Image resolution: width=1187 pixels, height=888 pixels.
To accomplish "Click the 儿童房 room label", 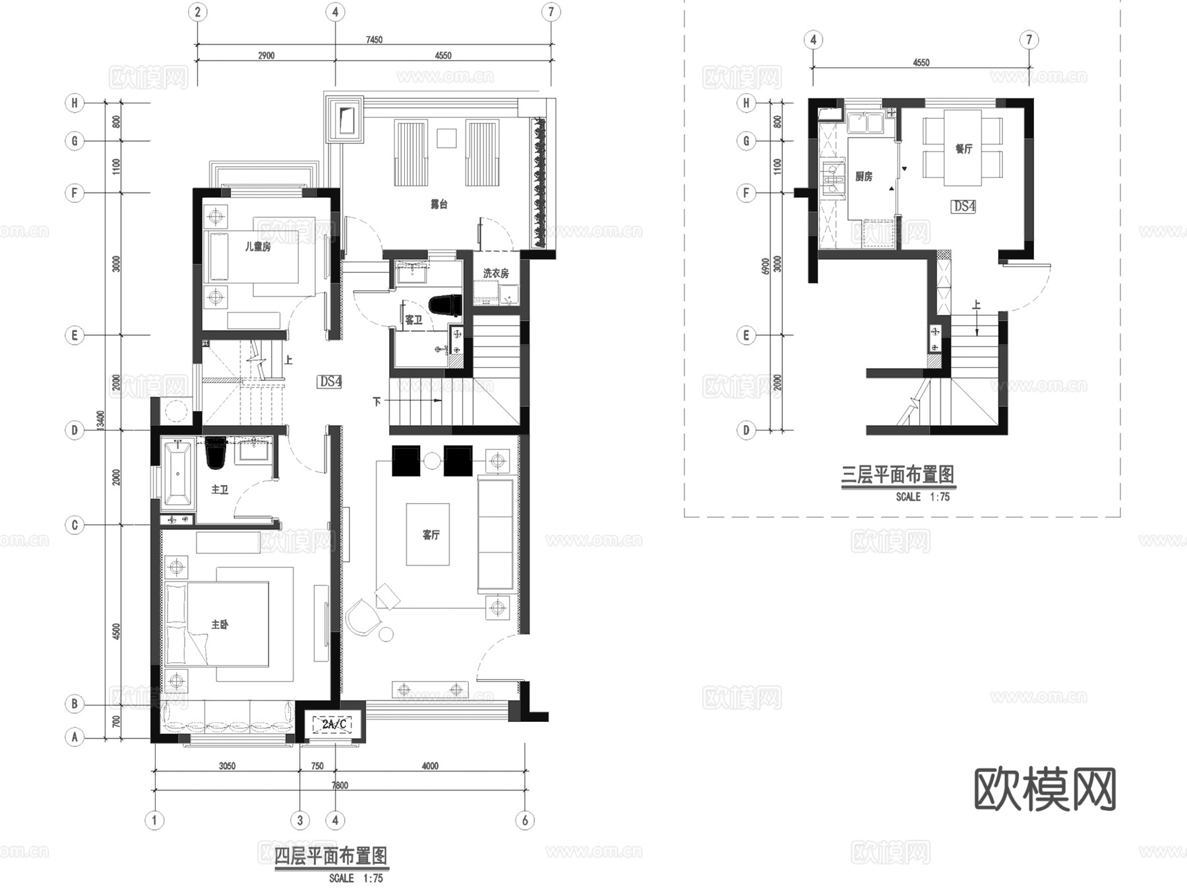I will click(x=257, y=247).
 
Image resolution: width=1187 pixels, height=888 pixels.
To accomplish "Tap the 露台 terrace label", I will click(x=439, y=204).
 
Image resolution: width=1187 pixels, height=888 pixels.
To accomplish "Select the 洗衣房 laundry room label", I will click(x=496, y=273).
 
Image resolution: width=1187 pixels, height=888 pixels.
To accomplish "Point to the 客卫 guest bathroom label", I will click(x=413, y=320).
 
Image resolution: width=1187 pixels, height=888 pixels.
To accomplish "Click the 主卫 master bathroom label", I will click(x=220, y=490).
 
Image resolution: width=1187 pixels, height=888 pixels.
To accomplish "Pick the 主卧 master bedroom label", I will click(x=220, y=624).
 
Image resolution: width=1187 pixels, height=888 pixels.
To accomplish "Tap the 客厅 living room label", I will click(x=431, y=535).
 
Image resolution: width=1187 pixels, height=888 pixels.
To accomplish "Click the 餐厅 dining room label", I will click(x=963, y=149).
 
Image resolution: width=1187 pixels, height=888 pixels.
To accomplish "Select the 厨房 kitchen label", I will click(x=863, y=176).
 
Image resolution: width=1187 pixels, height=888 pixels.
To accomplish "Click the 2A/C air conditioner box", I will click(x=334, y=725).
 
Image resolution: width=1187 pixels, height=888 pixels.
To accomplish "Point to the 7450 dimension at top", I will click(x=374, y=40).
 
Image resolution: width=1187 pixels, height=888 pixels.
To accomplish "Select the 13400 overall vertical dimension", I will click(x=101, y=422).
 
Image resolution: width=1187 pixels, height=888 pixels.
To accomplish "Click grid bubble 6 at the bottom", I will click(x=525, y=820).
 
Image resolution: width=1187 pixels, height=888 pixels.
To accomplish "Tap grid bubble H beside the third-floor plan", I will click(x=746, y=103).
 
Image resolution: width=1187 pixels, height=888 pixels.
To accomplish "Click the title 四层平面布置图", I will click(x=330, y=856).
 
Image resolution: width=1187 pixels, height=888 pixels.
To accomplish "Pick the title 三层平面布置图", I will click(x=898, y=475).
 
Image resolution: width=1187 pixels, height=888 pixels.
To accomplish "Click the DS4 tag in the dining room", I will click(x=964, y=206).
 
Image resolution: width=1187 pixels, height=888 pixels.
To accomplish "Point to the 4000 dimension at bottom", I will click(x=430, y=766).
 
